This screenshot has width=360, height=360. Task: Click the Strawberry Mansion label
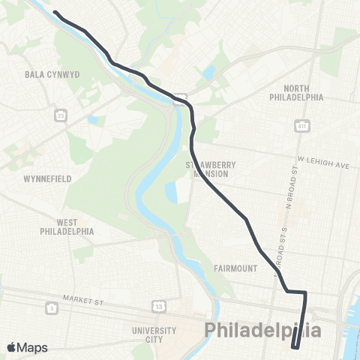click(211, 169)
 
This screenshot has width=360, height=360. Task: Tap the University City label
click(154, 334)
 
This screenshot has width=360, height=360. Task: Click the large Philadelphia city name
click(263, 331)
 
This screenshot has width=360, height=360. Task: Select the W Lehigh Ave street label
click(323, 160)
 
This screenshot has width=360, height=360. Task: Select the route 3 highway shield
click(50, 308)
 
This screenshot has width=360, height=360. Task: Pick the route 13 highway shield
click(159, 307)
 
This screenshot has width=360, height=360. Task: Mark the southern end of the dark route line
click(295, 346)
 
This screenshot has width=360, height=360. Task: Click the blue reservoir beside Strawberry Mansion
click(172, 193)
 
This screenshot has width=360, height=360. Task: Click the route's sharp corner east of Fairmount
click(305, 292)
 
